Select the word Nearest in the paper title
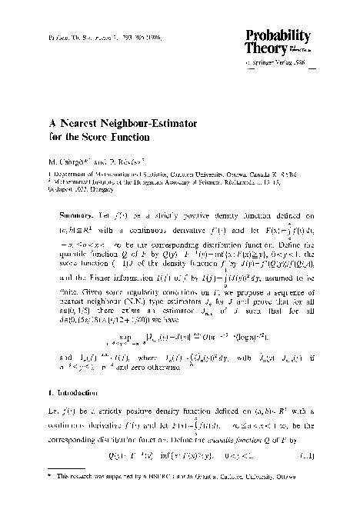[x=86, y=123]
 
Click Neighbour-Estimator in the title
[x=153, y=123]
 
